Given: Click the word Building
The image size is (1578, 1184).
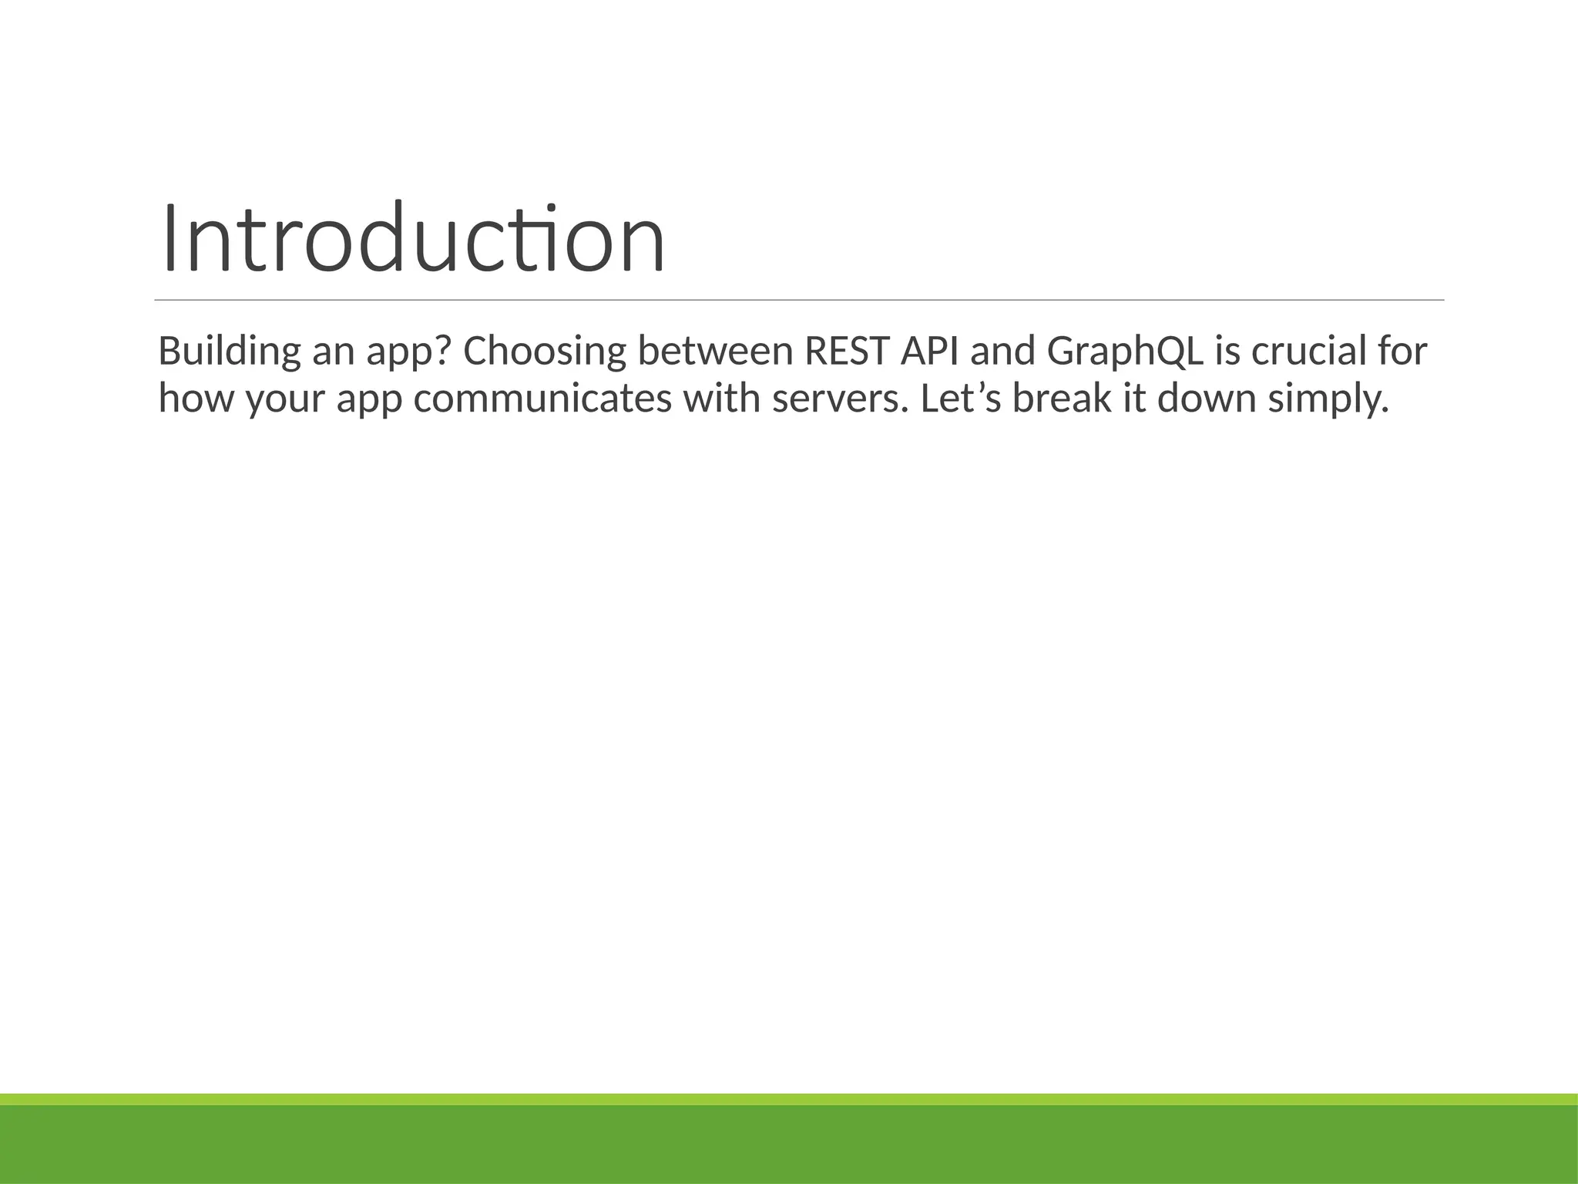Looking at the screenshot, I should click(229, 351).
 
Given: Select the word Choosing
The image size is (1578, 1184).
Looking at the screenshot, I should click(544, 351).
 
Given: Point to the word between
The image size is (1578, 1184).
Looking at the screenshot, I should click(715, 351).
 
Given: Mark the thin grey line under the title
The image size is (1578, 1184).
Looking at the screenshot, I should click(799, 300).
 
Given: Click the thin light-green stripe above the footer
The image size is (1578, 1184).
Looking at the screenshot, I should click(789, 1099).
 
